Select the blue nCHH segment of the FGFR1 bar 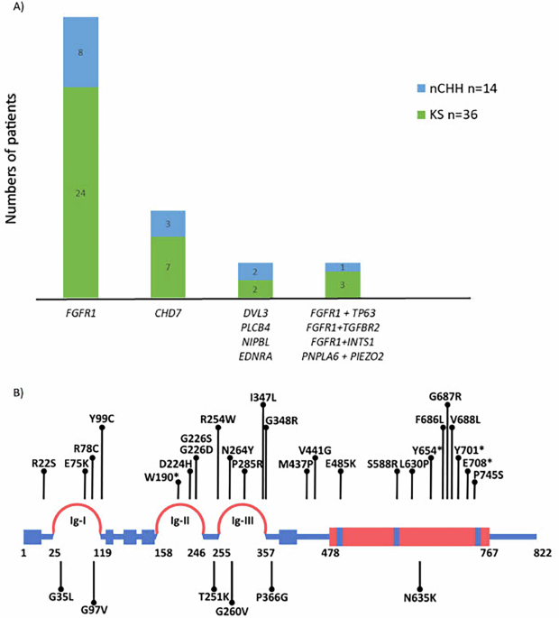(x=93, y=52)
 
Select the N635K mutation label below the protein (x=420, y=595)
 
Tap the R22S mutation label (x=44, y=462)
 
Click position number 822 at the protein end (x=542, y=553)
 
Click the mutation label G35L (x=61, y=595)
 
